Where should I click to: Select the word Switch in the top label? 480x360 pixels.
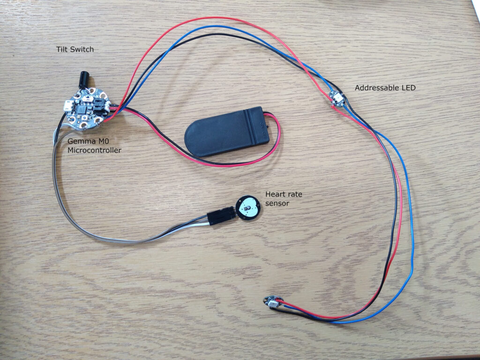[86, 49]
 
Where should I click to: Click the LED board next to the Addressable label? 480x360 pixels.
[337, 99]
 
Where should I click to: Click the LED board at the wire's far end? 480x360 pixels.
[271, 302]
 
